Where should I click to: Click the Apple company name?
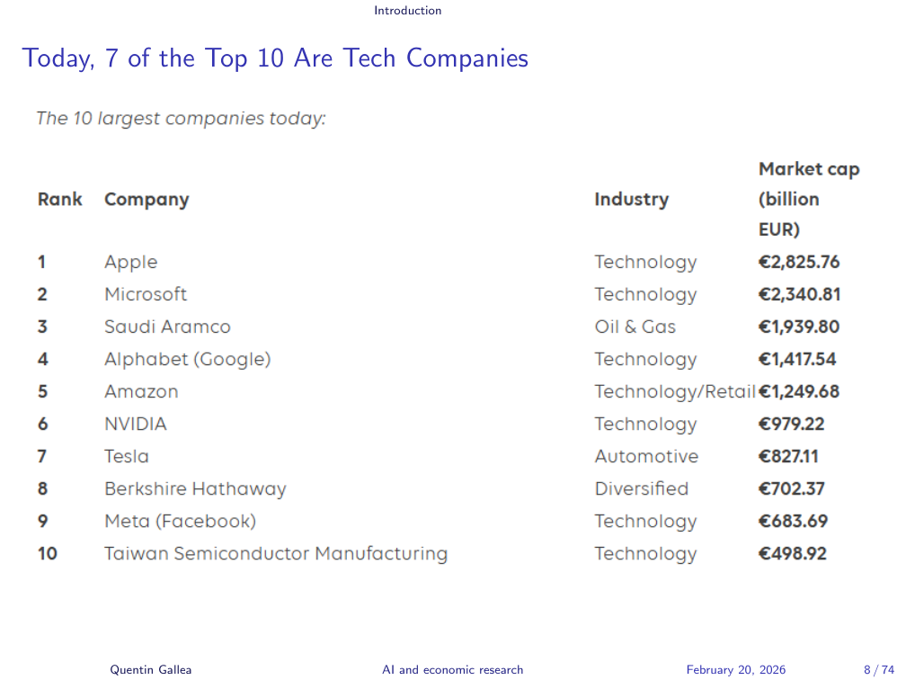tap(130, 263)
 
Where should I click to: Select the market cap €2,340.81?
tap(800, 295)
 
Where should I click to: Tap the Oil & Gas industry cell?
tap(635, 327)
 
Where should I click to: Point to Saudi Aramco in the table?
tap(167, 327)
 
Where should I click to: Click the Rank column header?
tap(59, 200)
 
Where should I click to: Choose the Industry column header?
tap(631, 200)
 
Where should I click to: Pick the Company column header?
tap(147, 200)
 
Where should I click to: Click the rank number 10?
tap(47, 554)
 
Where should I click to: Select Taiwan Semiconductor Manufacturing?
tap(275, 554)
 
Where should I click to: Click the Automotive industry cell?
tap(646, 457)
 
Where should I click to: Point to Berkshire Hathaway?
tap(195, 489)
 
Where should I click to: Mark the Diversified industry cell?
tap(641, 489)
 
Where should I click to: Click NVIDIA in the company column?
tap(135, 425)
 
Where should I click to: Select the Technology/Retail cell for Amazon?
tap(674, 392)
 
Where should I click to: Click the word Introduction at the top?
tap(408, 11)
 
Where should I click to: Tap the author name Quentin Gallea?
tap(151, 669)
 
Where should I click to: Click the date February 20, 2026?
tap(736, 669)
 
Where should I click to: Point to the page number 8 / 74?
tap(879, 669)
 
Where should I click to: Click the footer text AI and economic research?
tap(452, 669)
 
